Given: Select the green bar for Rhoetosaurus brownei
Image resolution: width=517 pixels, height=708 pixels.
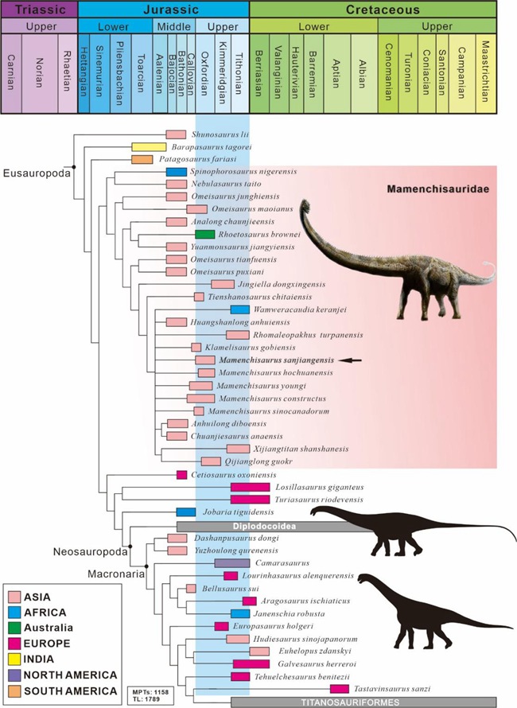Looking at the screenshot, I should (204, 234).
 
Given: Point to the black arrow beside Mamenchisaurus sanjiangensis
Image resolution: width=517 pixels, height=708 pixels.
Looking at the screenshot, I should (350, 360).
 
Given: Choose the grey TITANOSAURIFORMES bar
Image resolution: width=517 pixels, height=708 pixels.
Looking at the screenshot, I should (363, 702).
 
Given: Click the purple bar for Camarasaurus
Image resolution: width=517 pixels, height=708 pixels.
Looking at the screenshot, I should (232, 563).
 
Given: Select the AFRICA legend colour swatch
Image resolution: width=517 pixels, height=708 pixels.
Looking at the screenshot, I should (14, 613).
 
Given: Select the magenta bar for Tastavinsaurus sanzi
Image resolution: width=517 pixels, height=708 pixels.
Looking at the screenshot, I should (340, 688).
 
